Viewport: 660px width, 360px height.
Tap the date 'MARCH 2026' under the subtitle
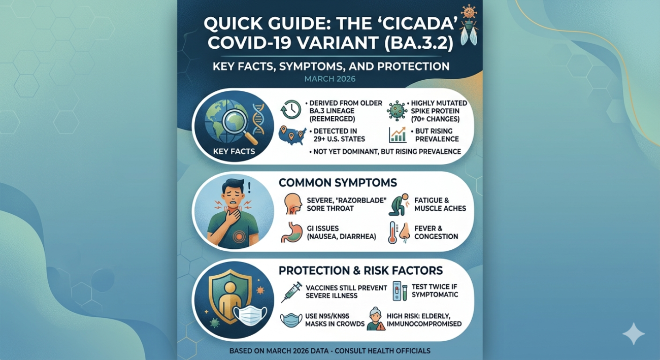click(x=330, y=79)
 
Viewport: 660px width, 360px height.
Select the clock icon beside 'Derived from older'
click(x=291, y=109)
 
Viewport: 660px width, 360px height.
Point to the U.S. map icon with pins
click(x=292, y=135)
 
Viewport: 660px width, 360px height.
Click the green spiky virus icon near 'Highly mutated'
click(x=397, y=110)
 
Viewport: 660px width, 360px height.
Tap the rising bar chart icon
click(x=397, y=135)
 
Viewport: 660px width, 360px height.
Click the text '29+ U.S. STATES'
click(x=336, y=139)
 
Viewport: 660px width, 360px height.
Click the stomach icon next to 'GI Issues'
click(x=290, y=231)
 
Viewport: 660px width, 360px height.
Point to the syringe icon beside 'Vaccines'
click(x=291, y=291)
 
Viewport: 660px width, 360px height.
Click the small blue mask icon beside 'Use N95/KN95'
click(x=291, y=320)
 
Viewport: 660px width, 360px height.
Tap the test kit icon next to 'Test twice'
click(x=399, y=291)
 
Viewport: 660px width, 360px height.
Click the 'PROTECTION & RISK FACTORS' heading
click(x=360, y=270)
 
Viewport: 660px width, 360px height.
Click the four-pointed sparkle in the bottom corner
click(x=633, y=334)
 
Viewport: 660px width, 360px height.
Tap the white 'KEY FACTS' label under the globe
click(x=234, y=151)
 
